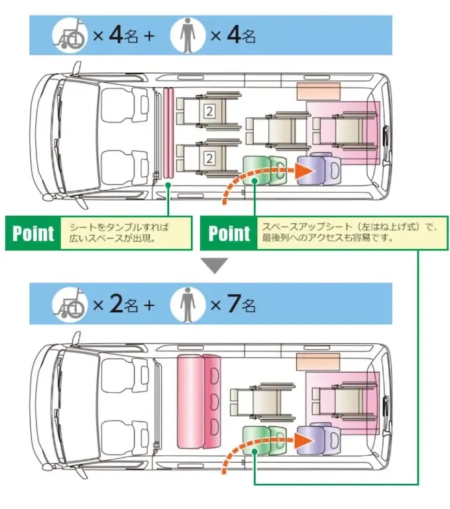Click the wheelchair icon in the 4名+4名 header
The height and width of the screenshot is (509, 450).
point(71,35)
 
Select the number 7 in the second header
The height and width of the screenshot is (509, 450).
point(232,304)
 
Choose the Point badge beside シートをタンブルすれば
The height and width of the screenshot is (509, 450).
point(32,233)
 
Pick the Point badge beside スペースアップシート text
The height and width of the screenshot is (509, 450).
point(229,233)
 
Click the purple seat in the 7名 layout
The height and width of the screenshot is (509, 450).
point(316,439)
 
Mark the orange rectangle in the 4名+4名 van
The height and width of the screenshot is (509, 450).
point(318,91)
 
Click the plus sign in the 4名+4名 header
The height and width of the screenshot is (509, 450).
point(148,36)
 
